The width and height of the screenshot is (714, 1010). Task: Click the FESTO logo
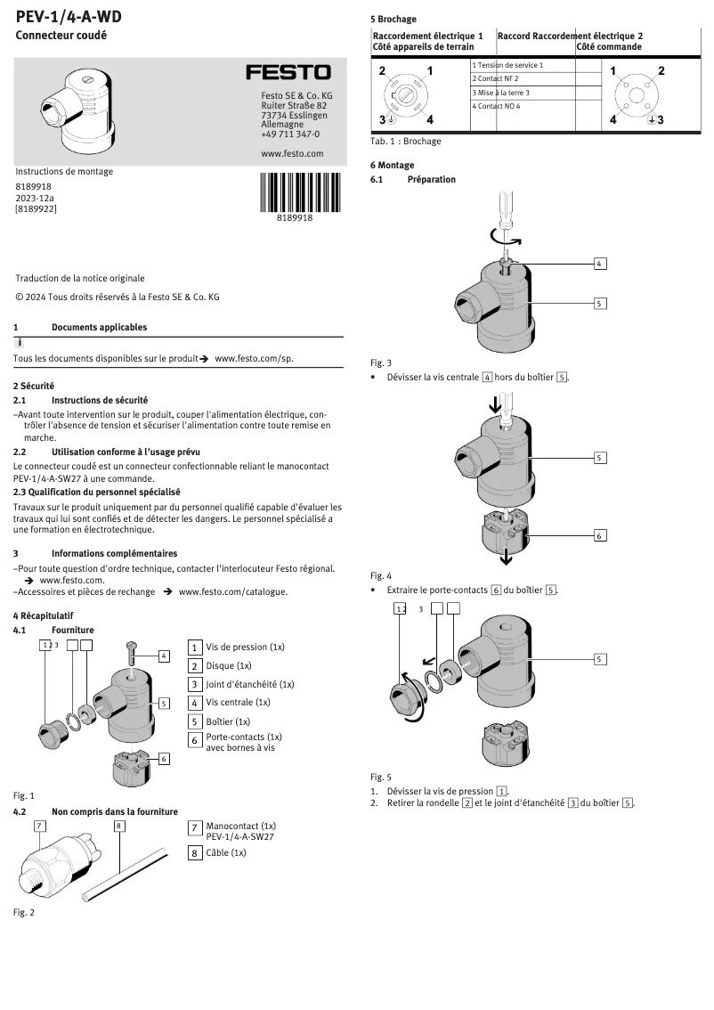point(288,72)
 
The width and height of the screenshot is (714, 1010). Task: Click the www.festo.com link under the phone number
point(292,153)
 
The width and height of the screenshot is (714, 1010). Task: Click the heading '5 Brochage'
point(394,19)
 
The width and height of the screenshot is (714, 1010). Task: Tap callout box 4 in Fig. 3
point(600,264)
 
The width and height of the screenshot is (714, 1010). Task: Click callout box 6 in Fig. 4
point(600,535)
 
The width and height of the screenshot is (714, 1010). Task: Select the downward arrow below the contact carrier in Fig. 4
point(507,558)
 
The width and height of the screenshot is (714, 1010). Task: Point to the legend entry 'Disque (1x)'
point(229,665)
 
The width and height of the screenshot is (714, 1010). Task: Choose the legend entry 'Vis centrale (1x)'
point(238,702)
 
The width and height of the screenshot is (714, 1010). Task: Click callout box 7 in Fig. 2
point(40,826)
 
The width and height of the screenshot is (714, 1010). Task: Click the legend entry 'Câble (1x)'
point(225,852)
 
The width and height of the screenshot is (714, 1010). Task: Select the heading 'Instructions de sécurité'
point(100,401)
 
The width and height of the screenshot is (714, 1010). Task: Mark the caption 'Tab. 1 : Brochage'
point(406,141)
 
